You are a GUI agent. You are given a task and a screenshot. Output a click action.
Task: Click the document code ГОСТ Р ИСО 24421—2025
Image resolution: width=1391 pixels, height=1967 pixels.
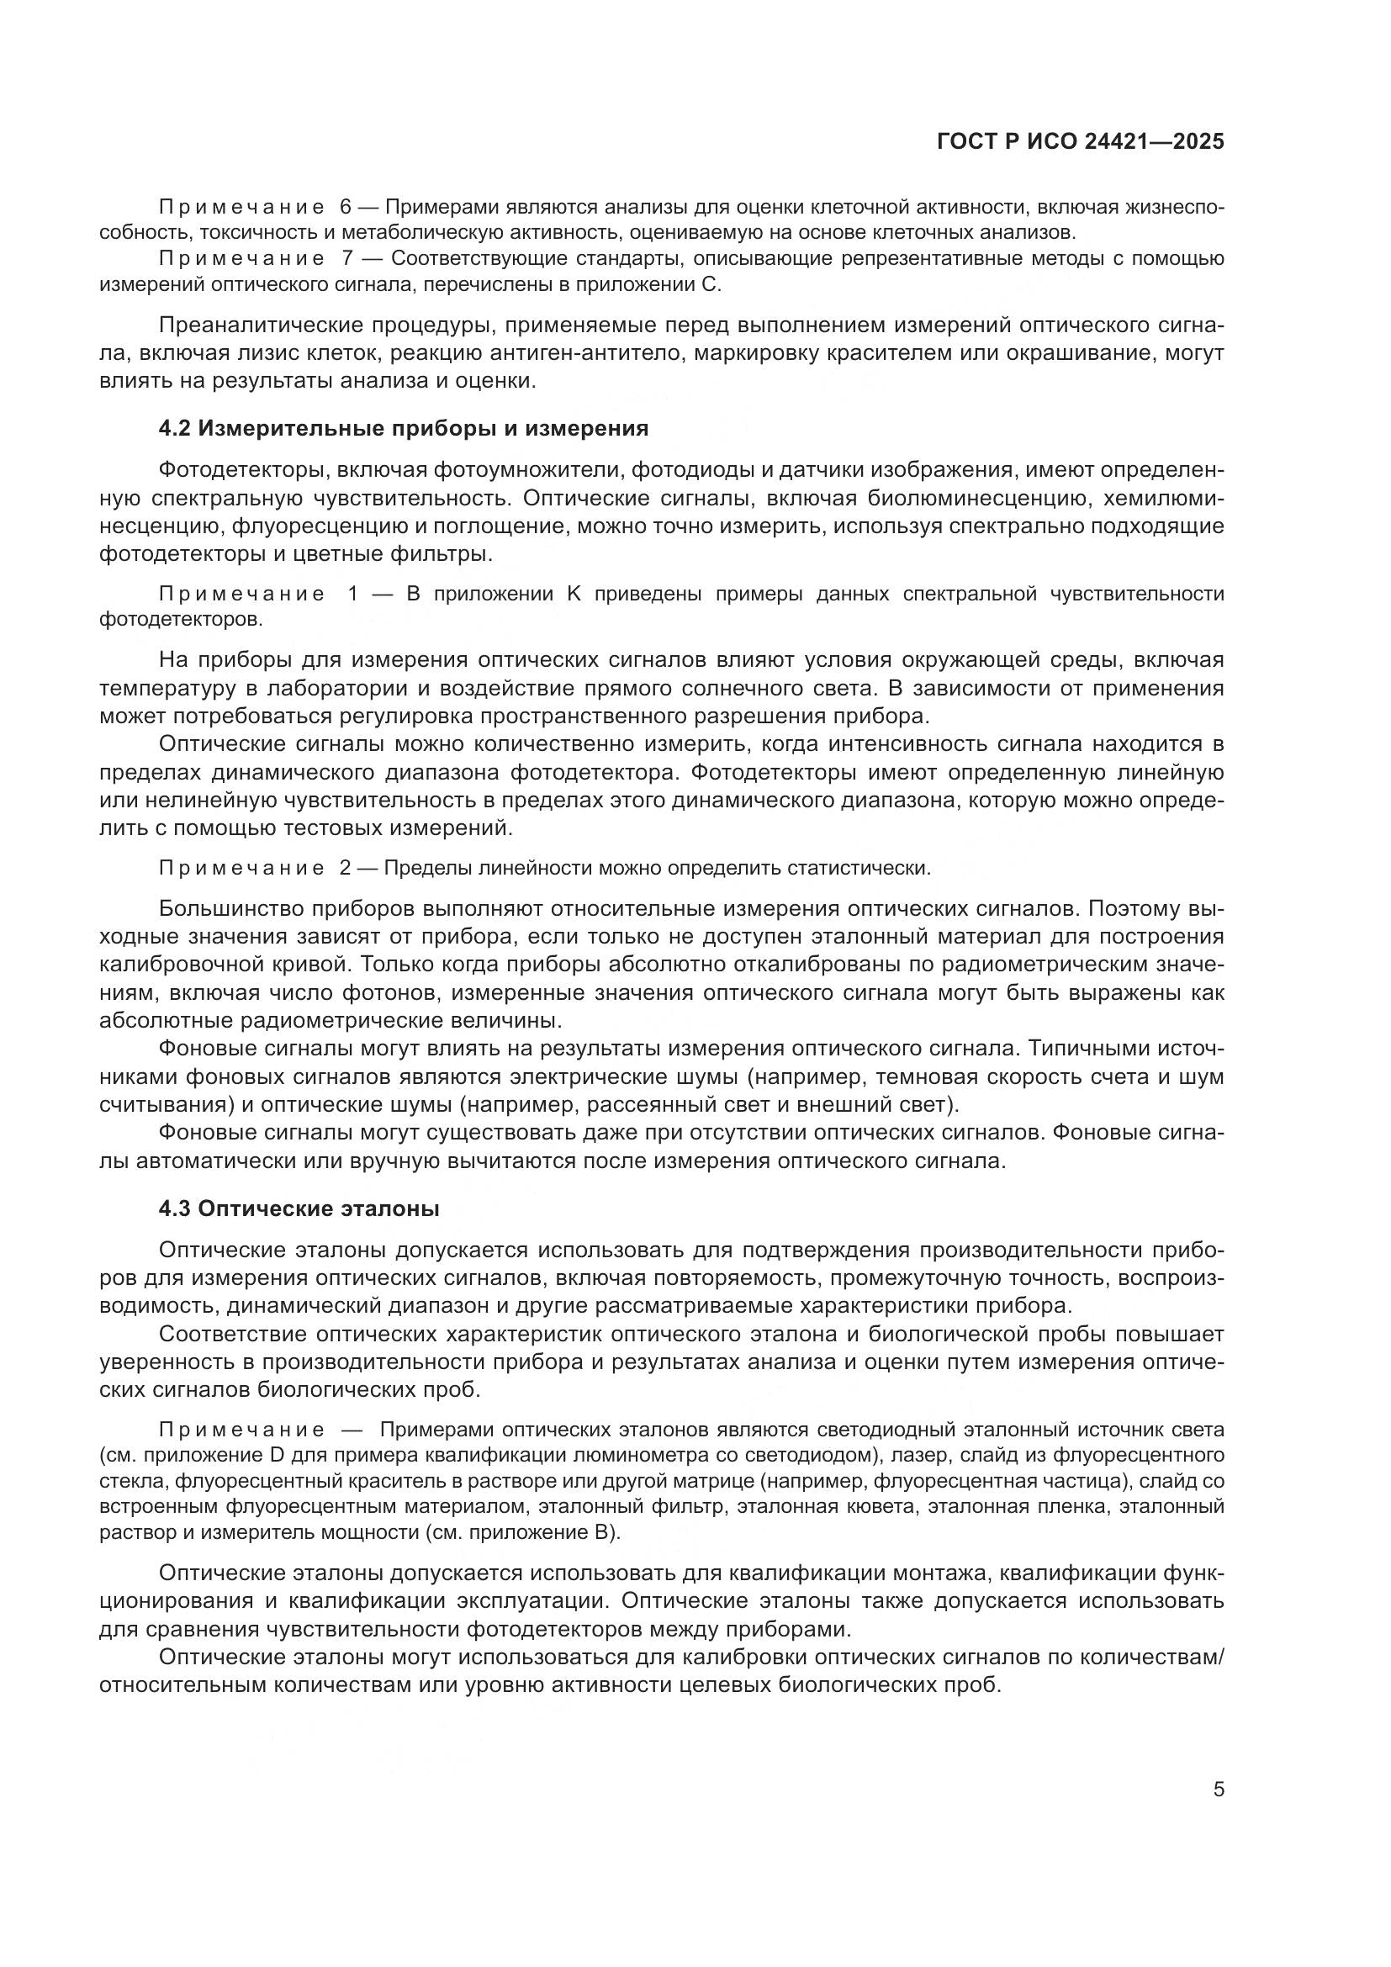click(1080, 142)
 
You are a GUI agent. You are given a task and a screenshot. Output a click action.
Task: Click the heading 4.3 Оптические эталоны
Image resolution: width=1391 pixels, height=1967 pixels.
click(299, 1208)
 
